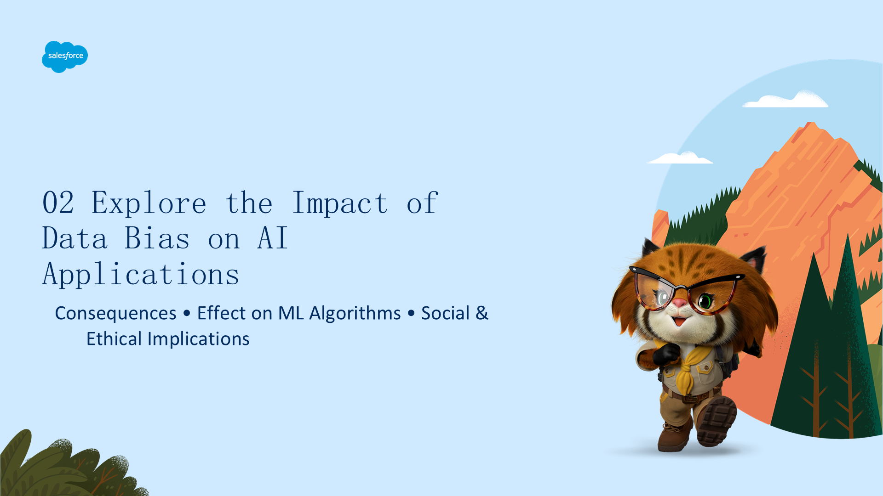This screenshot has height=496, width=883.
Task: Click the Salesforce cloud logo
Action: tap(65, 56)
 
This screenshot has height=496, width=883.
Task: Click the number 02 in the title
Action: tap(58, 203)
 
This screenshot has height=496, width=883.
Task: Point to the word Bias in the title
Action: tap(157, 238)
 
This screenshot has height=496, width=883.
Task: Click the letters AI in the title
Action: tap(273, 238)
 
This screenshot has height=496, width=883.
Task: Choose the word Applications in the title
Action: tap(141, 275)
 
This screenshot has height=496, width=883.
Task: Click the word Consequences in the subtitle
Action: tap(115, 314)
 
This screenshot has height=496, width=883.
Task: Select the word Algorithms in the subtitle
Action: tap(355, 314)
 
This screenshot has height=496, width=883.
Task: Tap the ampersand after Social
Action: tap(482, 313)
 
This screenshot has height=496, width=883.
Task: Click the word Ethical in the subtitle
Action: tap(114, 339)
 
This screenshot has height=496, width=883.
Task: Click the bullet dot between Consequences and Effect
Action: tap(187, 313)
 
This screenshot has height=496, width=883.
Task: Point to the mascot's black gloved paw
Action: tap(666, 355)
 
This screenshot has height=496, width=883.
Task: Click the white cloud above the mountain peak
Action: tap(786, 100)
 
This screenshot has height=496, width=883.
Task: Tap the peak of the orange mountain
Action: tap(810, 123)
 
